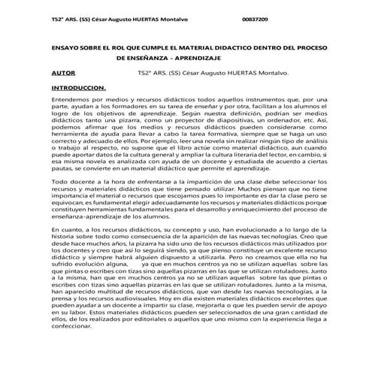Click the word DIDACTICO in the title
tap(220, 47)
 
